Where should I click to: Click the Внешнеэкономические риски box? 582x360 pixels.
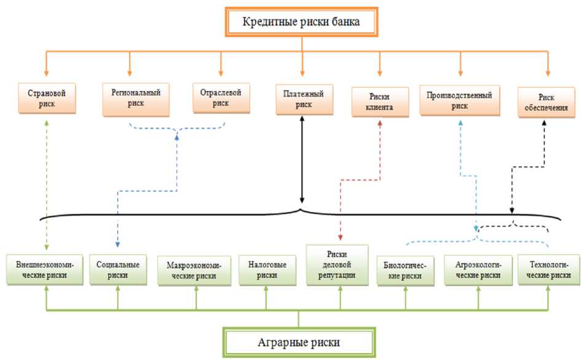click(x=46, y=270)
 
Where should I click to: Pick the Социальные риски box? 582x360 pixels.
click(x=117, y=270)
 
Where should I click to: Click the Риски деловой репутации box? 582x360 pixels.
click(x=337, y=265)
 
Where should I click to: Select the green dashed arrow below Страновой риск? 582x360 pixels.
click(x=47, y=184)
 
